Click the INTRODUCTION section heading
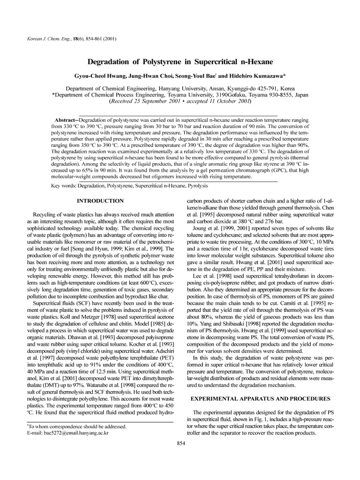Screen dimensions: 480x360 point(100,201)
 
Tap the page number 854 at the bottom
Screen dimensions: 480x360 point(180,443)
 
